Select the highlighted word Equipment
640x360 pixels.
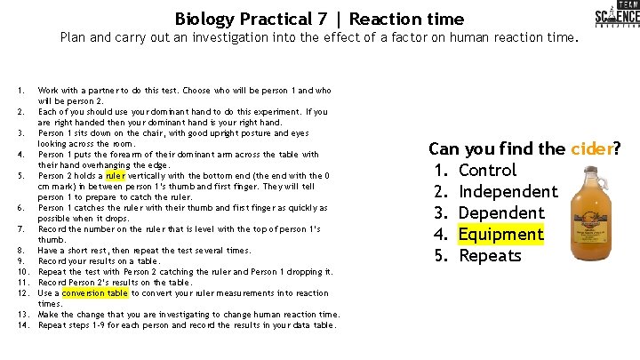tap(500, 234)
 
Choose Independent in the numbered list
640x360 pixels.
tap(508, 191)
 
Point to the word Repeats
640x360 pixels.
tap(489, 255)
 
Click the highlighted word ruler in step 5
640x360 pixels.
tap(116, 176)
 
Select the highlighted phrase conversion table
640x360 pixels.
tap(95, 293)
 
